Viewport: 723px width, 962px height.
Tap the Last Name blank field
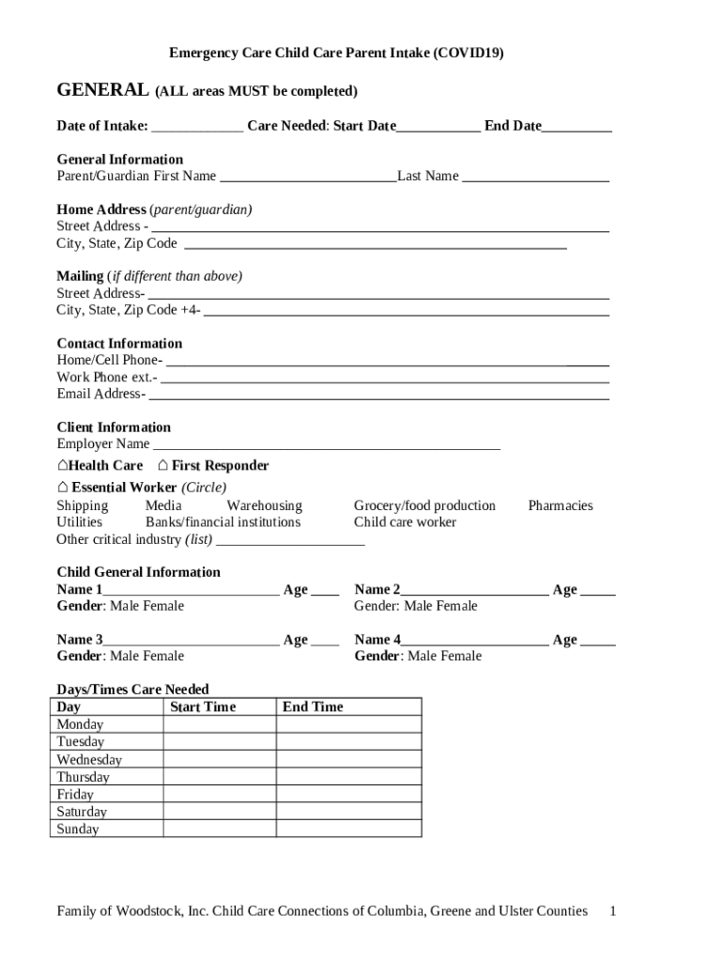pyautogui.click(x=535, y=177)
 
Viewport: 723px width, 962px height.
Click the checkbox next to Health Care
pyautogui.click(x=62, y=465)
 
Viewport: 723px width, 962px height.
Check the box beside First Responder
pyautogui.click(x=163, y=465)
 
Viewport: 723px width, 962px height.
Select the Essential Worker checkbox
pyautogui.click(x=62, y=487)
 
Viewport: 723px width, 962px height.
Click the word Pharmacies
pyautogui.click(x=560, y=505)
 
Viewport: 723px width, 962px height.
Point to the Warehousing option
pyautogui.click(x=264, y=505)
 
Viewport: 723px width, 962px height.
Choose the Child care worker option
pyautogui.click(x=405, y=522)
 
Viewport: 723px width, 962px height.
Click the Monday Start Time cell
pyautogui.click(x=219, y=724)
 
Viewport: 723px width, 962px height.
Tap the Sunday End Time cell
pyautogui.click(x=347, y=830)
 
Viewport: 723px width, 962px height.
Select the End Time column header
pyautogui.click(x=313, y=706)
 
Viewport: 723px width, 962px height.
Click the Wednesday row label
pyautogui.click(x=89, y=759)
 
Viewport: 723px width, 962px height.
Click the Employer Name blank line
pyautogui.click(x=326, y=444)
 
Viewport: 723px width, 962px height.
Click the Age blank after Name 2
pyautogui.click(x=598, y=590)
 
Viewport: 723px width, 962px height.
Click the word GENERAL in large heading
pyautogui.click(x=102, y=90)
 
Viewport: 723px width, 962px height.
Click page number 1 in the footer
pyautogui.click(x=612, y=910)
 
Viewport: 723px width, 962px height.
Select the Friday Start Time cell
pyautogui.click(x=219, y=795)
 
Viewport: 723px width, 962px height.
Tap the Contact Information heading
pyautogui.click(x=119, y=343)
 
